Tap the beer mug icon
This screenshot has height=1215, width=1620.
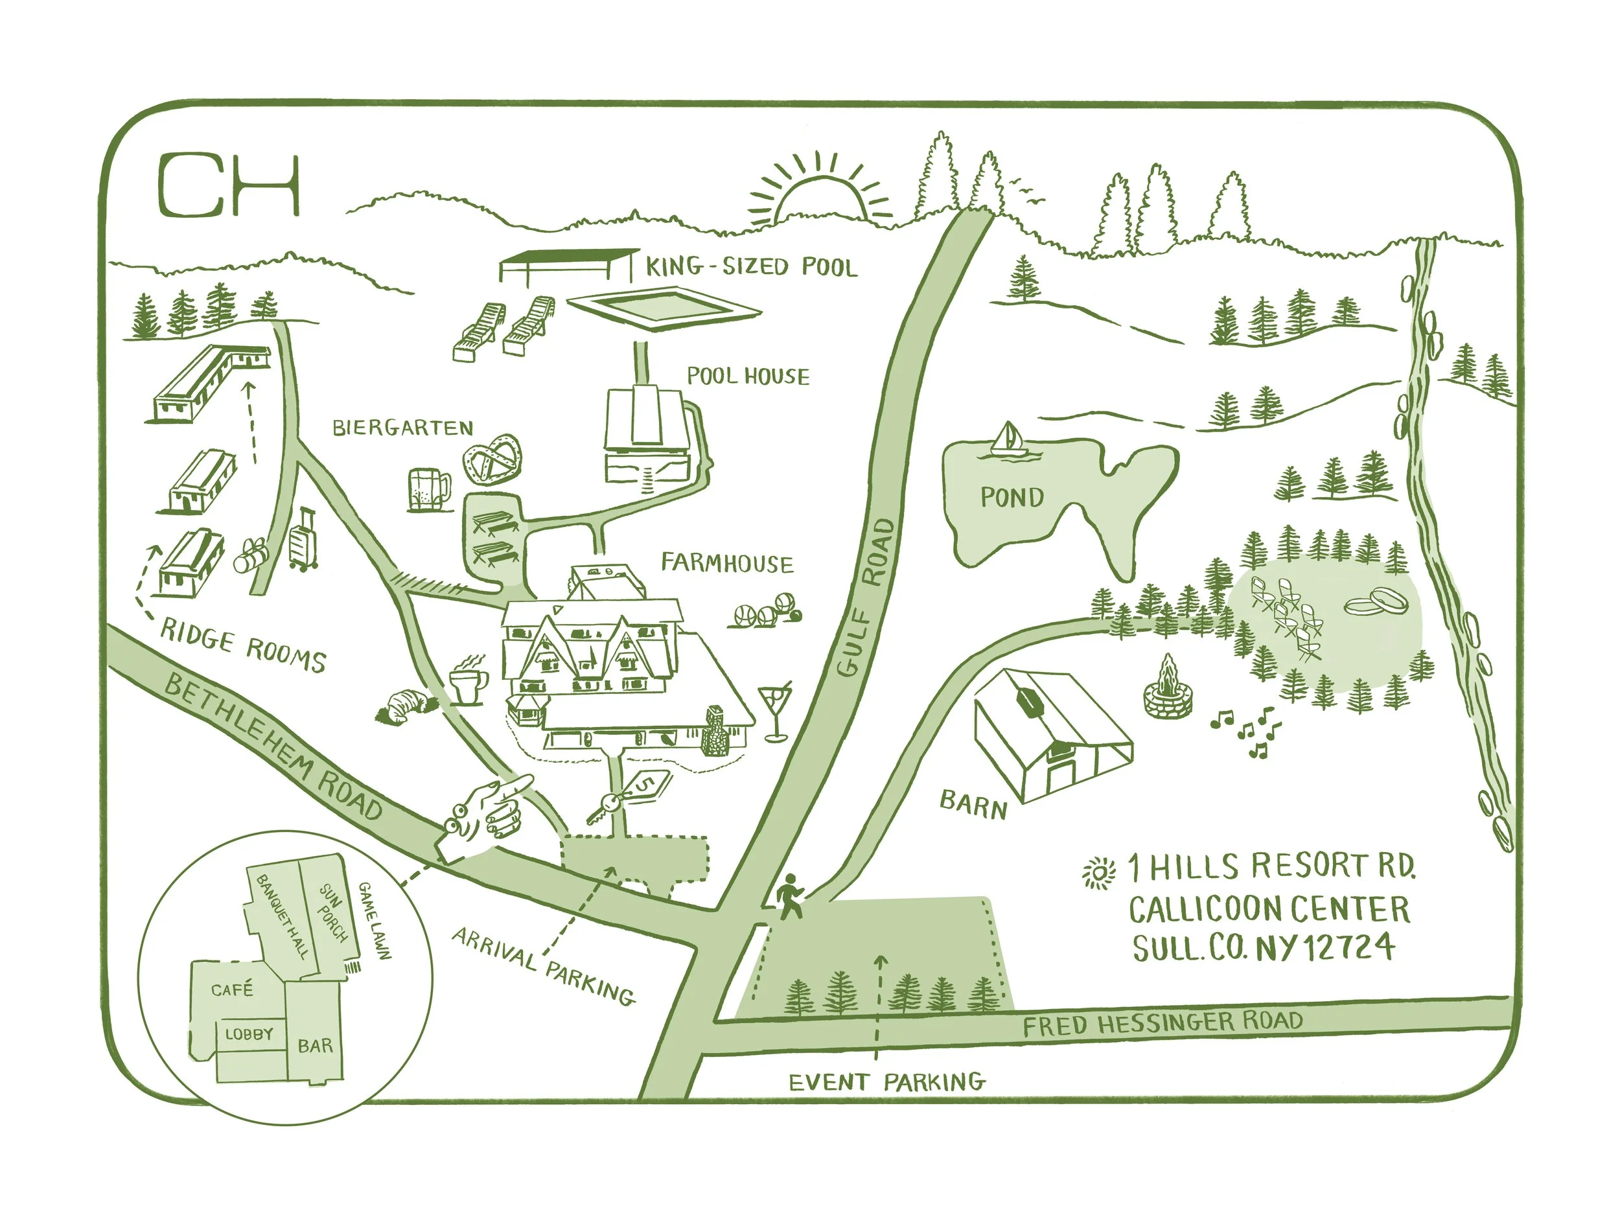pos(428,489)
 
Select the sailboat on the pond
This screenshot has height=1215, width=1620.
pos(1008,441)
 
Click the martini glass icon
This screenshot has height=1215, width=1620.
pos(775,710)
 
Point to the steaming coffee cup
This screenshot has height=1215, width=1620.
pos(468,681)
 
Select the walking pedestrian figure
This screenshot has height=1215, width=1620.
pos(789,896)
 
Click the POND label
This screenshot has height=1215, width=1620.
pos(1012,498)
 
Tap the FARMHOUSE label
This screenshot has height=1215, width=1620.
pos(726,563)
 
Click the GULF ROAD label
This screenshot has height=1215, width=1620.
pos(866,597)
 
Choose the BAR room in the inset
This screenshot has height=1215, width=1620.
pos(315,1046)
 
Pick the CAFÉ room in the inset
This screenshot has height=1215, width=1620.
pos(232,989)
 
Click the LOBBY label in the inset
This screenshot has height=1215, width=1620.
pos(249,1034)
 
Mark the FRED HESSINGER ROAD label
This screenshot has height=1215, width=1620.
pos(1163,1023)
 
